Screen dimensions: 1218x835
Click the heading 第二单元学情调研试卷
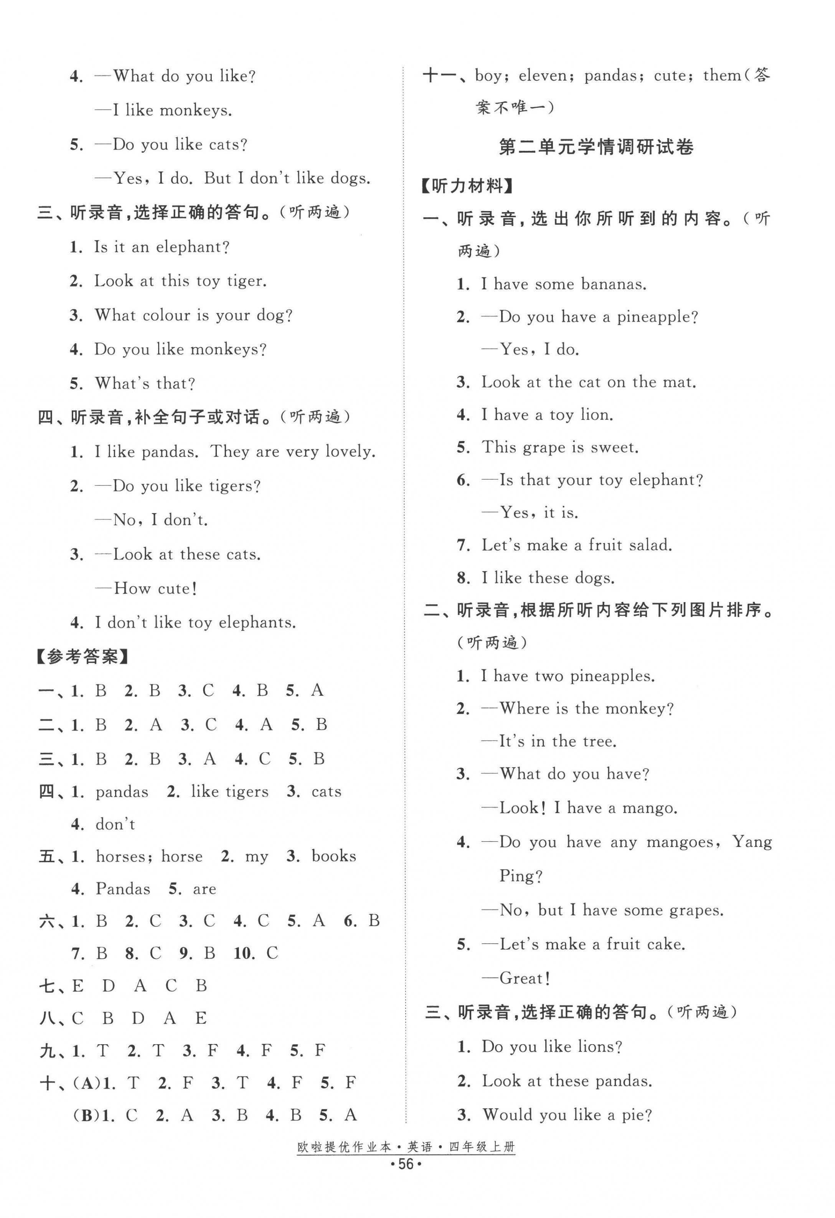596,147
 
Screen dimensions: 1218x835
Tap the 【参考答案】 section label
83,657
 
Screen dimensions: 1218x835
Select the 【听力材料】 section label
469,186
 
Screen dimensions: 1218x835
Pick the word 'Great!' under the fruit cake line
524,978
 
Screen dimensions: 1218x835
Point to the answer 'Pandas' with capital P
123,889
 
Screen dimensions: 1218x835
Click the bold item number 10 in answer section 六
243,953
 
